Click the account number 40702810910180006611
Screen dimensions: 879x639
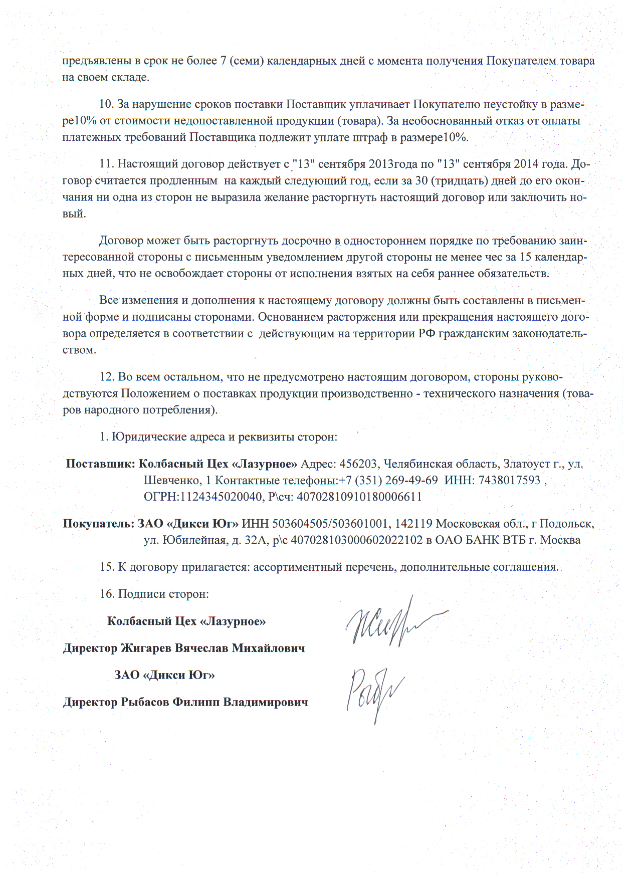coord(359,497)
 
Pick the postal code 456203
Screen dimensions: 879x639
coord(358,464)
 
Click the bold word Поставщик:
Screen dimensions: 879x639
coord(100,464)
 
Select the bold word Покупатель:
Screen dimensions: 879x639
coord(99,524)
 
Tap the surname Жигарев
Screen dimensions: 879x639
coord(146,648)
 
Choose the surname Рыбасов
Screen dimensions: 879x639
coord(145,702)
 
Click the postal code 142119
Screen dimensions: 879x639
coord(414,524)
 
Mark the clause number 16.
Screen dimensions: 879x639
coord(107,594)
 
